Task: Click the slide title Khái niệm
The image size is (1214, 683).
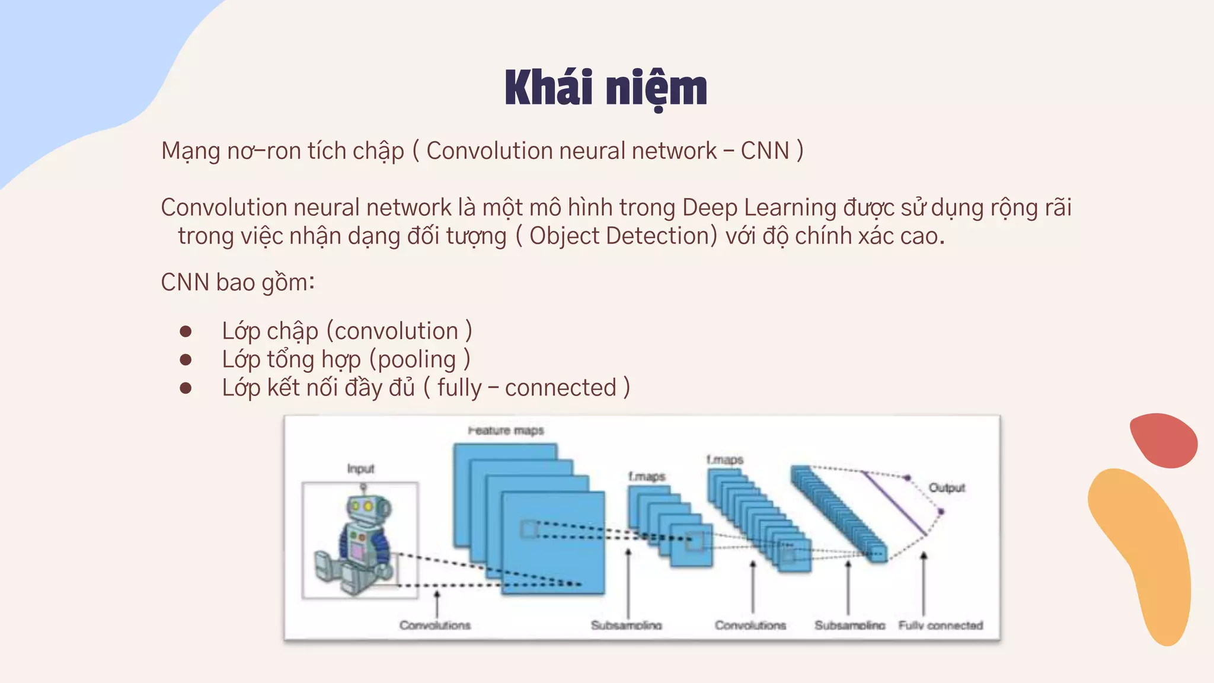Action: point(606,89)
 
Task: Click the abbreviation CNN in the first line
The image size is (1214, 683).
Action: point(765,151)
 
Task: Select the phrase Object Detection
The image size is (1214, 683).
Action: point(619,236)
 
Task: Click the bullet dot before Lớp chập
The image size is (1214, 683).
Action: point(186,331)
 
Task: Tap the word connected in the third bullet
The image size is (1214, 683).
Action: point(561,388)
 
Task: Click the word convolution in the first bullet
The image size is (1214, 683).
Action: point(396,331)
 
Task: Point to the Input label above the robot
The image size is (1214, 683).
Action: point(360,469)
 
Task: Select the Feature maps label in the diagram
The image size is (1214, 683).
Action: point(506,430)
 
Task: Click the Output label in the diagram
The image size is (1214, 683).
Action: point(947,487)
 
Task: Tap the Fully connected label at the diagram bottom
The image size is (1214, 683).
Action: point(940,625)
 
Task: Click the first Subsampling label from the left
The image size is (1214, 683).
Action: point(626,625)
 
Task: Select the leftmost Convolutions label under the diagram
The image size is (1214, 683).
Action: point(435,625)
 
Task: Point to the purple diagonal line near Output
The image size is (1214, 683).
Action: point(894,503)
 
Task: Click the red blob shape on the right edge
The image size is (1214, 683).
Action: point(1163,440)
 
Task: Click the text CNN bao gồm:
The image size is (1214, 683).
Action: point(238,282)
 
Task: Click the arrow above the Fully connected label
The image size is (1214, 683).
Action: point(924,581)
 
